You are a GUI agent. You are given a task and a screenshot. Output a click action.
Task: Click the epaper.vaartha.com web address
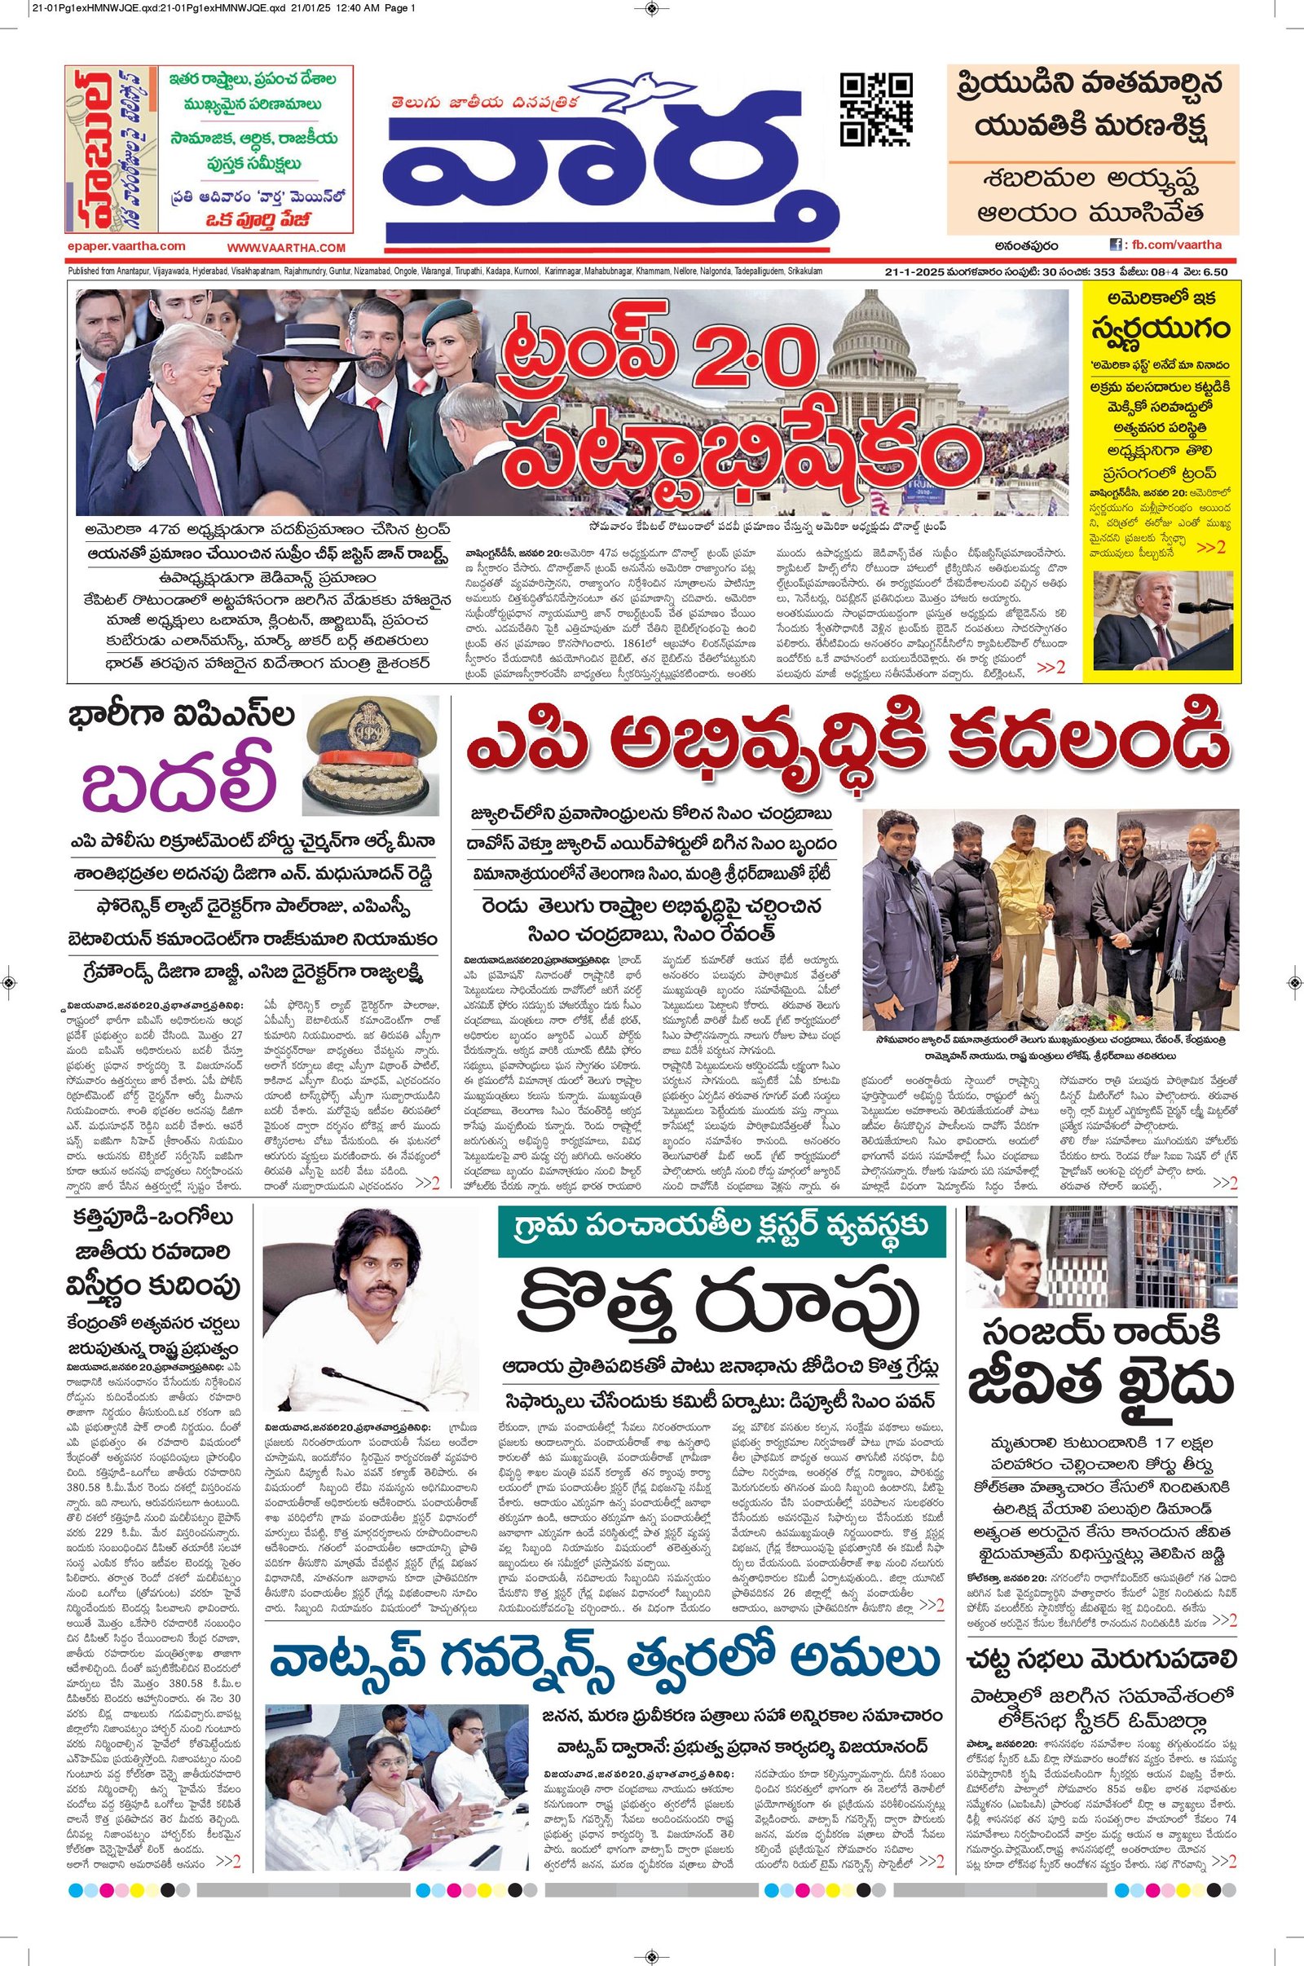pos(126,246)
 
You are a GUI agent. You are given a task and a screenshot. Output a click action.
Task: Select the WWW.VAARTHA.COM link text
pos(285,248)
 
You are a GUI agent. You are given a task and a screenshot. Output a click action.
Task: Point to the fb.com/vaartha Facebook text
pos(1174,245)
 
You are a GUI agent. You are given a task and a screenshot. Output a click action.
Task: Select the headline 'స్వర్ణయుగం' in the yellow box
pos(1162,328)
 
